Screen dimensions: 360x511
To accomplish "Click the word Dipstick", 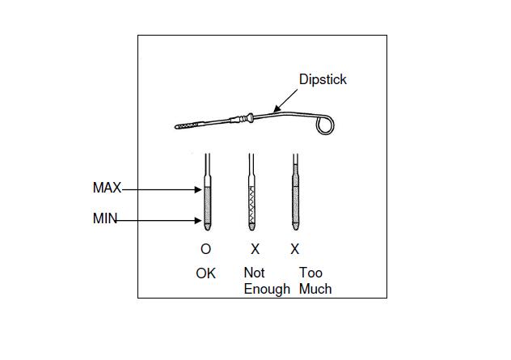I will click(323, 79).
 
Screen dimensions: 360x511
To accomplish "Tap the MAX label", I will click(107, 188).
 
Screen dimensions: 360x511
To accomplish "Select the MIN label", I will click(105, 219).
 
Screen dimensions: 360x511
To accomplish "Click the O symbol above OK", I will click(205, 249).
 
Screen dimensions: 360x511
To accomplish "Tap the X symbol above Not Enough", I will click(255, 249).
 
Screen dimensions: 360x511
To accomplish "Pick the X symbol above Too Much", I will click(295, 249).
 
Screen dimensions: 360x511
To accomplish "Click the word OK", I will click(205, 273).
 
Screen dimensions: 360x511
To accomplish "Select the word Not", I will click(254, 273).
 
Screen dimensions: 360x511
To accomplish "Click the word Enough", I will click(267, 288).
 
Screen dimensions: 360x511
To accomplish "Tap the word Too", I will click(310, 273).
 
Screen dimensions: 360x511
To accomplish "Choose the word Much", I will click(315, 288).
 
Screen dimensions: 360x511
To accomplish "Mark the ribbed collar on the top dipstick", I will click(243, 120).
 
